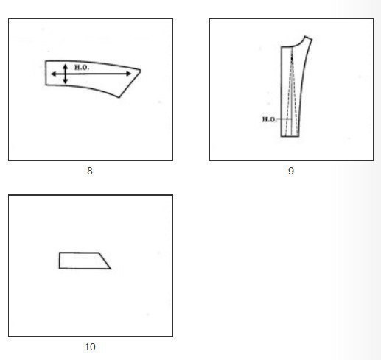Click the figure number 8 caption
[90, 171]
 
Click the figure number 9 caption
[291, 171]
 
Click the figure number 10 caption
[90, 347]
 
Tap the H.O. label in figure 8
[82, 67]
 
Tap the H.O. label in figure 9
[269, 119]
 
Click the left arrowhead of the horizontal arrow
[53, 74]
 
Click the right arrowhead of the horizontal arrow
[129, 74]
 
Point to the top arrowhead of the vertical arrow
[65, 66]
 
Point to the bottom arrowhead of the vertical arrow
[65, 82]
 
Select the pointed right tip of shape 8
[141, 70]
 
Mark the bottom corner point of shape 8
[119, 97]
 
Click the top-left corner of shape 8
[46, 61]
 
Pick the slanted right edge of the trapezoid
[105, 261]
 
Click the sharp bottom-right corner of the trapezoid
[111, 269]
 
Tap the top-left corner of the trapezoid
[60, 253]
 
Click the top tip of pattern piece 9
[306, 36]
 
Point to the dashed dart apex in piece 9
[292, 49]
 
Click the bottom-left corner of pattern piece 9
[282, 136]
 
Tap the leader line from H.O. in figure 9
[284, 119]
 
